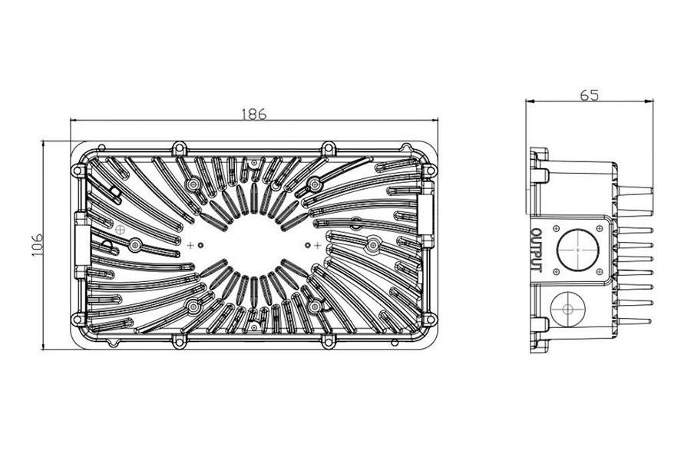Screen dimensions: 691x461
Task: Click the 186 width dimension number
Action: (x=254, y=114)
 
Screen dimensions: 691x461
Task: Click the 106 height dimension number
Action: (x=37, y=244)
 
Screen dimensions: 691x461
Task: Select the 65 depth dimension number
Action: (x=589, y=95)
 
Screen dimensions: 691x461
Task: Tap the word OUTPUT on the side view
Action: (x=537, y=250)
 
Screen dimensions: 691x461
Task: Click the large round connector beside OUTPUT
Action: (x=577, y=250)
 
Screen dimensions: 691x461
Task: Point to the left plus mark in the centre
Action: (x=190, y=245)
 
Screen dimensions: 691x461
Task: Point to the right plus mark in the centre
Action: (x=317, y=245)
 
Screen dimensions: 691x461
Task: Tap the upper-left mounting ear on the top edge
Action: (x=179, y=147)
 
